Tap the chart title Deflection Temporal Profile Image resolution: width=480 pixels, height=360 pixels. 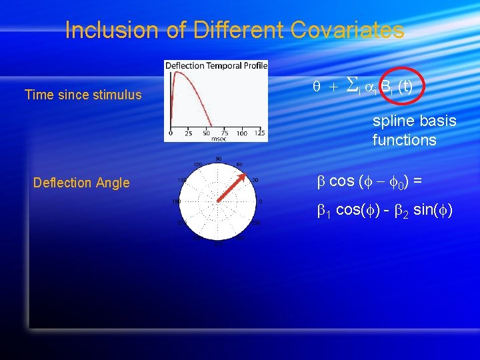coord(216,65)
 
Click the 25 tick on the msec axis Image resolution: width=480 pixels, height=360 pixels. coord(188,133)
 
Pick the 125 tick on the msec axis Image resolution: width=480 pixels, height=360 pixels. coord(259,133)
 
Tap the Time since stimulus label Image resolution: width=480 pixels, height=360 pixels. coord(83,95)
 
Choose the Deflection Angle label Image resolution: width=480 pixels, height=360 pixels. coord(81,183)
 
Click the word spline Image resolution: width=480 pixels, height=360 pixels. coord(396,121)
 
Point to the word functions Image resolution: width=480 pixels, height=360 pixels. coord(404,140)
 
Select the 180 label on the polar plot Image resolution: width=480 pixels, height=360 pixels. coord(177,201)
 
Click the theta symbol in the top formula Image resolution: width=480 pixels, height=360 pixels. coord(317,87)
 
